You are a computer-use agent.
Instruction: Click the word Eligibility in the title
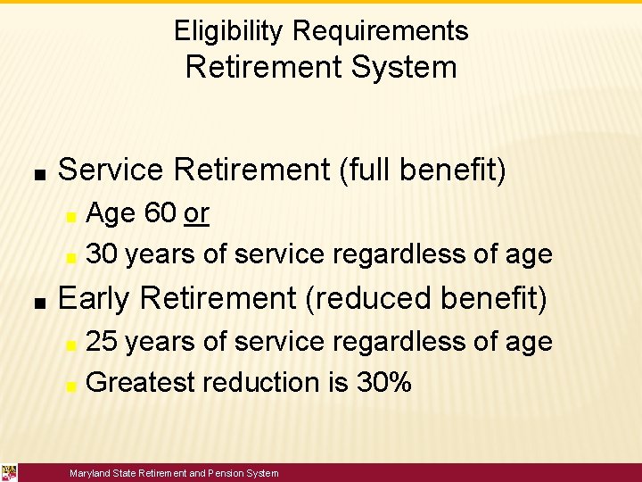pyautogui.click(x=229, y=31)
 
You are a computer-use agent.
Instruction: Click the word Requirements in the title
pyautogui.click(x=380, y=31)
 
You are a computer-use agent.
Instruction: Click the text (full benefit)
pyautogui.click(x=423, y=169)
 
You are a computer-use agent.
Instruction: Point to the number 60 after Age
pyautogui.click(x=160, y=213)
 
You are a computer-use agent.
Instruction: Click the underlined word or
pyautogui.click(x=196, y=213)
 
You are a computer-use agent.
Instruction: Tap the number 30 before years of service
pyautogui.click(x=103, y=254)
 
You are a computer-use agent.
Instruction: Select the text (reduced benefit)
pyautogui.click(x=426, y=298)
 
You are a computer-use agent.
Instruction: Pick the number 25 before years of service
pyautogui.click(x=103, y=341)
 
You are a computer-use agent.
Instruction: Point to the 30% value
pyautogui.click(x=383, y=382)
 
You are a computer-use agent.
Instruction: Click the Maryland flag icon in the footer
pyautogui.click(x=9, y=472)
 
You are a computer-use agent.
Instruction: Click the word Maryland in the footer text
pyautogui.click(x=91, y=473)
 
